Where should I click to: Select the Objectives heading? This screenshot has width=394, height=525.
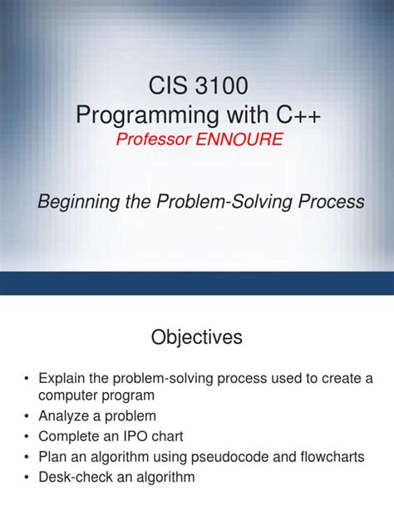tap(197, 337)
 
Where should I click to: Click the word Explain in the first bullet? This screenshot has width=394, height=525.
tap(64, 379)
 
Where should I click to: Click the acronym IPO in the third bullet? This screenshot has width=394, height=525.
tap(140, 437)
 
